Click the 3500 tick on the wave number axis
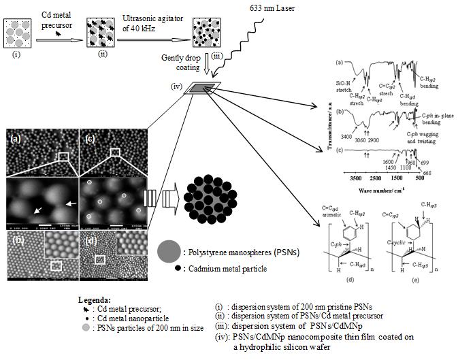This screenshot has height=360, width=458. point(355,176)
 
